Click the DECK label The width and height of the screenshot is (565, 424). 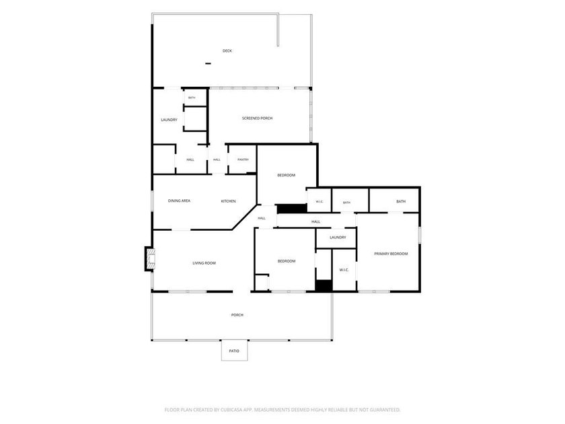click(227, 51)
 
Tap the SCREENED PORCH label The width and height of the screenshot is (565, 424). click(257, 118)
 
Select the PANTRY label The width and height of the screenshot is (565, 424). click(243, 160)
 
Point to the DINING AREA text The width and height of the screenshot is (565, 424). click(179, 201)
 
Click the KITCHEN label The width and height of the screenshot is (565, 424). click(229, 201)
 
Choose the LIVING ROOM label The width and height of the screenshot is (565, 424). click(204, 263)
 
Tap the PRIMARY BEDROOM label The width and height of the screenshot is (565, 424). click(391, 254)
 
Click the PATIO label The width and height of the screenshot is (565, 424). click(234, 351)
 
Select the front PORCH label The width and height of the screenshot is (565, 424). click(237, 315)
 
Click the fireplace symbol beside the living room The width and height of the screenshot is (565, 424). click(149, 258)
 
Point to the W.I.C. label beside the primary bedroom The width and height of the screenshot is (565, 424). click(344, 270)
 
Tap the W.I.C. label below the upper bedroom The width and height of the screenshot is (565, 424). click(319, 201)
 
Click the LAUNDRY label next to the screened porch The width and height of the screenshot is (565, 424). click(169, 120)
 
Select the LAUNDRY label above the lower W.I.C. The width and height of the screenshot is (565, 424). click(338, 238)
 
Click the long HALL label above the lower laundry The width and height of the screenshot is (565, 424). click(316, 221)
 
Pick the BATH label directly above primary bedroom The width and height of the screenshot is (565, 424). click(401, 201)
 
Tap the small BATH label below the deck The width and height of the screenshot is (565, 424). click(192, 98)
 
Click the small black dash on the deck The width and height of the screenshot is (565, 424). click(208, 64)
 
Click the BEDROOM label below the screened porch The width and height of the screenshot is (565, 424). click(287, 175)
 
